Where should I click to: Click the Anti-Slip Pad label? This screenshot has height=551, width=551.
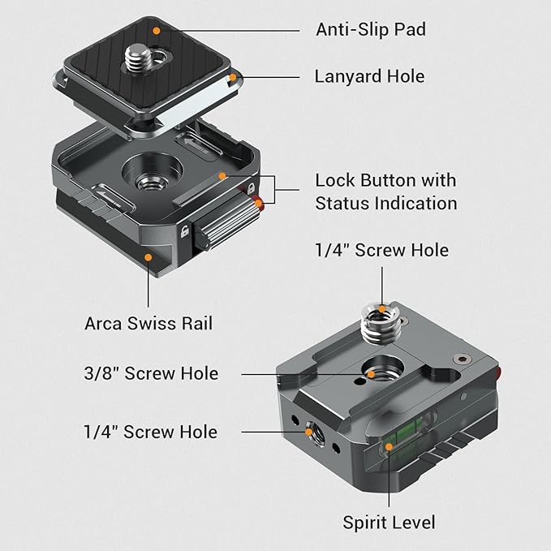[371, 30]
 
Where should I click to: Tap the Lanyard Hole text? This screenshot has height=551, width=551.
[369, 77]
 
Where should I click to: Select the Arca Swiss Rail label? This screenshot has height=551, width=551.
[149, 324]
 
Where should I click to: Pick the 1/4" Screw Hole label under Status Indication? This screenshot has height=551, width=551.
[381, 251]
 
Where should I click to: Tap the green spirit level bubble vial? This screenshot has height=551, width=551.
[390, 445]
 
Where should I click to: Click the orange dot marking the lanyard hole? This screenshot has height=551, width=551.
[232, 78]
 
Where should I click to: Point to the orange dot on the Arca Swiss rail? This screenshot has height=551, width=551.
[149, 256]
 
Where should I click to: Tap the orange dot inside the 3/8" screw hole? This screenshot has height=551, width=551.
[372, 374]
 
